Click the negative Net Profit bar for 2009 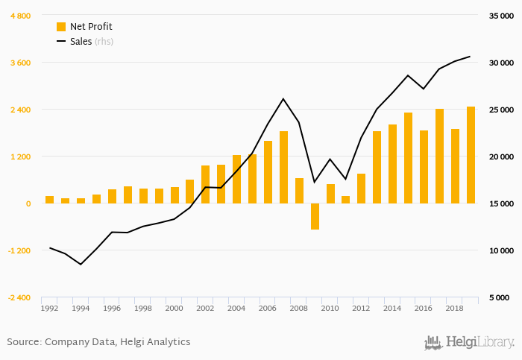[x=315, y=216]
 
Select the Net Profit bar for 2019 [x=471, y=155]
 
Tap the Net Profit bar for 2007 [x=283, y=167]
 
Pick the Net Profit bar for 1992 [x=50, y=200]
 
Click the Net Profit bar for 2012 [x=362, y=189]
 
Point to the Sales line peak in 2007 [x=283, y=98]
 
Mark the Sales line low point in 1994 [x=81, y=265]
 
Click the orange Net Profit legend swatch [x=61, y=27]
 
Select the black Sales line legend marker [x=61, y=42]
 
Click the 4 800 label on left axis [x=19, y=16]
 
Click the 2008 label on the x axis [x=299, y=308]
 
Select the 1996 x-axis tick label [x=112, y=308]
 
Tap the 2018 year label [x=455, y=308]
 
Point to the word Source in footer [x=23, y=342]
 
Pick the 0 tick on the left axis [x=28, y=203]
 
